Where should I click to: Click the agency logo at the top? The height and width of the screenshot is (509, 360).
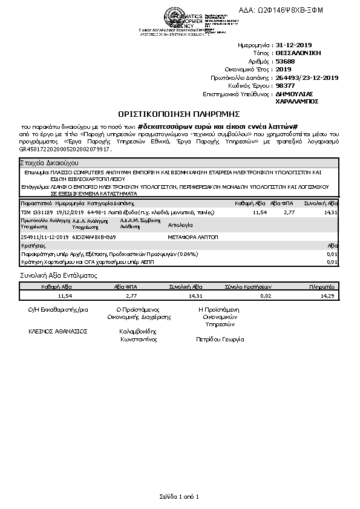point(177,16)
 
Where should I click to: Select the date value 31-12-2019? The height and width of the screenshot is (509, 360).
point(293,45)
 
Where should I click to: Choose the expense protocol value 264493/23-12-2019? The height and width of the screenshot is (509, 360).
point(307,77)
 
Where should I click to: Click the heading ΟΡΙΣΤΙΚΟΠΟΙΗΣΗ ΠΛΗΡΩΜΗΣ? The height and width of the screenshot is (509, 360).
point(180,113)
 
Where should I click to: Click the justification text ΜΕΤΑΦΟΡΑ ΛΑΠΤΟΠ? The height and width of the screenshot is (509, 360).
point(194,237)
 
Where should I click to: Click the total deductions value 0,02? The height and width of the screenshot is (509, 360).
point(266,296)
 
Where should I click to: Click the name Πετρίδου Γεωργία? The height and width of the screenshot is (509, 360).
point(220,340)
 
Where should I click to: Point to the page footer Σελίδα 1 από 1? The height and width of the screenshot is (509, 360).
point(180,496)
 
